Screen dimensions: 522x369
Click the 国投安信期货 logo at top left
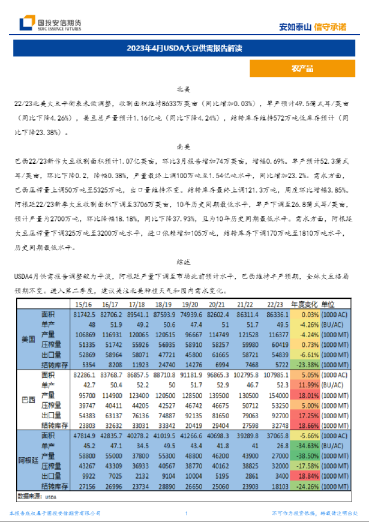[51, 23]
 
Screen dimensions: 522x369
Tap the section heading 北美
[184, 89]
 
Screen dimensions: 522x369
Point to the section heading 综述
[184, 262]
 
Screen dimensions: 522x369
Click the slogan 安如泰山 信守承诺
[313, 26]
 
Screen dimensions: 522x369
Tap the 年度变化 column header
[306, 304]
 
